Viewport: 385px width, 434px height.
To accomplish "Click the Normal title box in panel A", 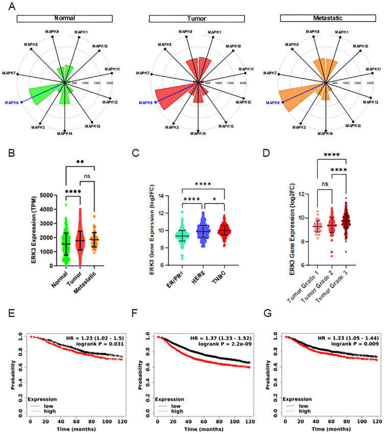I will coord(65,18).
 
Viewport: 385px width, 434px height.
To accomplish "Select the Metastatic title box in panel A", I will coord(324,18).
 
